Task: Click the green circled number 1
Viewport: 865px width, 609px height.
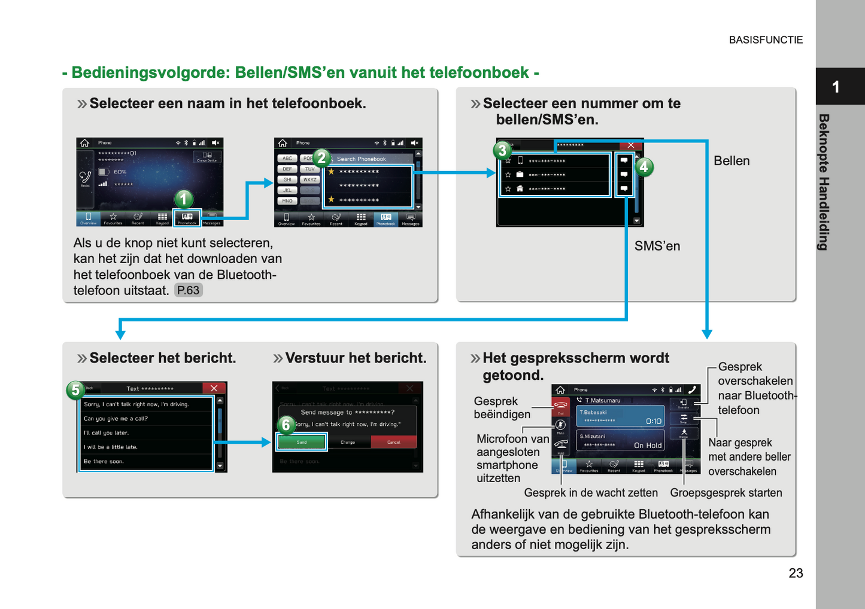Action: click(184, 199)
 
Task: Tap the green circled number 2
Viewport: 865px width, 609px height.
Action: click(321, 157)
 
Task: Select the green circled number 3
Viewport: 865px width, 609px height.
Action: click(502, 150)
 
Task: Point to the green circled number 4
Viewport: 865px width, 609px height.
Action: click(644, 167)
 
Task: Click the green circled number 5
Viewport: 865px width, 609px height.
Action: click(75, 390)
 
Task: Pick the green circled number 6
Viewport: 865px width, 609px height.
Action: click(286, 425)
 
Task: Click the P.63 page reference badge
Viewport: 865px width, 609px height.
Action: click(188, 291)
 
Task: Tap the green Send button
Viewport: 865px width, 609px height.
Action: click(302, 442)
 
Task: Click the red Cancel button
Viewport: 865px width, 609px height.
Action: click(394, 442)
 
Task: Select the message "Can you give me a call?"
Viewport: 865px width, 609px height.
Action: click(116, 419)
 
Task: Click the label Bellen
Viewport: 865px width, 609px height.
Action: click(732, 161)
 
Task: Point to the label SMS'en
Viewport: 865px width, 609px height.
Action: click(657, 246)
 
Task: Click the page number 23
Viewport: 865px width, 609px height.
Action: click(796, 573)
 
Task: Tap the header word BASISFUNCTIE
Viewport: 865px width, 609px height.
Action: click(766, 40)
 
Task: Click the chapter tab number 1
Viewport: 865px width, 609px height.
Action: click(836, 87)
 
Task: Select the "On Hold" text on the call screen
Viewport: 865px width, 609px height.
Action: click(648, 445)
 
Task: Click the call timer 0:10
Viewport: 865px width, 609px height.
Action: click(654, 421)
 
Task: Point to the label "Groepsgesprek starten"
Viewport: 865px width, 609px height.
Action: click(726, 493)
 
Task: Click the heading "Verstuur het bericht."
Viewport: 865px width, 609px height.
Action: click(356, 358)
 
